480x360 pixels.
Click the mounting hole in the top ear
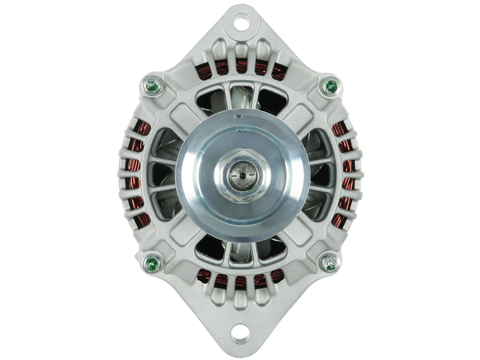coord(239,24)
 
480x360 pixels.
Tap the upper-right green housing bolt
coord(328,86)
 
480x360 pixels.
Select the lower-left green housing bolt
coord(149,262)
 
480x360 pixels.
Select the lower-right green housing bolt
coord(328,262)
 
